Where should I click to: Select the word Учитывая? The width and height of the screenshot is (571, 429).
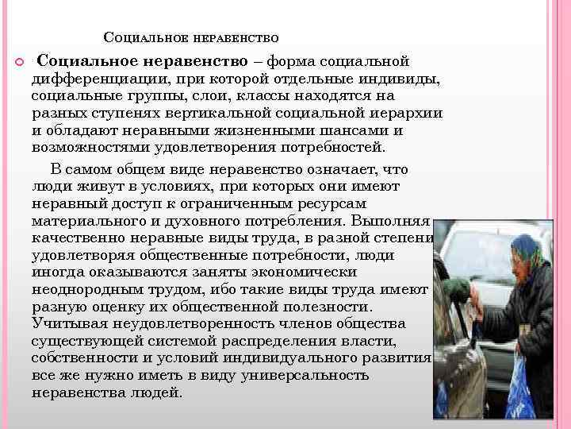click(70, 323)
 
